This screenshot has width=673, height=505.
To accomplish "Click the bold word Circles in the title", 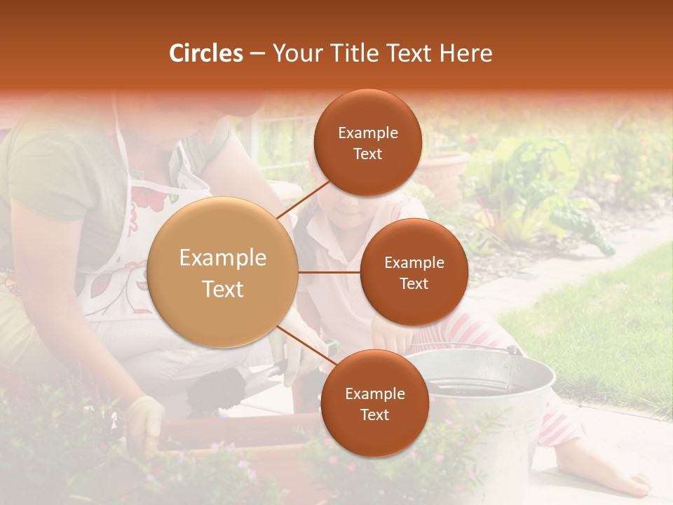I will coord(205,53).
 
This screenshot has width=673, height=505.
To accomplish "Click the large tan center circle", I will coord(223,272).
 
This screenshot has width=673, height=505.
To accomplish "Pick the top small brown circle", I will coord(367,142).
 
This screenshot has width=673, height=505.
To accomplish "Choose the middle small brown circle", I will coord(414,272).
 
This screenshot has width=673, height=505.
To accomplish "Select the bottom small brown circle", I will coord(374,403).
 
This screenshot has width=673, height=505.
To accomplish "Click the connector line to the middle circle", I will coord(329,272).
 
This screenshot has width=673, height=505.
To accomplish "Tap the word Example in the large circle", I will coord(223,258).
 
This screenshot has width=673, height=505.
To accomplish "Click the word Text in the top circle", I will coord(367,154).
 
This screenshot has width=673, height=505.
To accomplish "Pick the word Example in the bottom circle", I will coord(374,393).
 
